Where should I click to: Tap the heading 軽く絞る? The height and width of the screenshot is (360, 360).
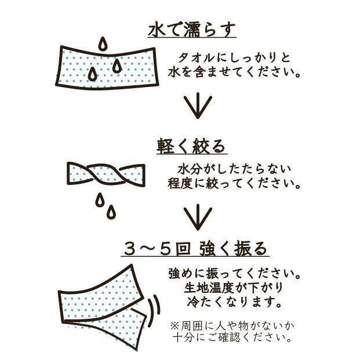[191, 146]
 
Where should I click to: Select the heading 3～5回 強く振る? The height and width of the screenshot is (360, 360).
[195, 249]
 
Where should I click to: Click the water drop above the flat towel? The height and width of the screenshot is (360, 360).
[103, 43]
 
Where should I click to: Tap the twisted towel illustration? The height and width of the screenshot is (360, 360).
[106, 173]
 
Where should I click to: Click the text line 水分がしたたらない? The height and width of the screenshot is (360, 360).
[234, 169]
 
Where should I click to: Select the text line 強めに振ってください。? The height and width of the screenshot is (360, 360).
[234, 273]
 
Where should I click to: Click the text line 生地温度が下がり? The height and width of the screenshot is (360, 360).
[233, 288]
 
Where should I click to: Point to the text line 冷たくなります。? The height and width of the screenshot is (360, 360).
[234, 302]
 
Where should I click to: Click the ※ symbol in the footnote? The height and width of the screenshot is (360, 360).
[174, 326]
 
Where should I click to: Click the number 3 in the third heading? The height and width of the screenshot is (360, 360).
[130, 249]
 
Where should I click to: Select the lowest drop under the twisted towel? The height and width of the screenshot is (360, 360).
[111, 212]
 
